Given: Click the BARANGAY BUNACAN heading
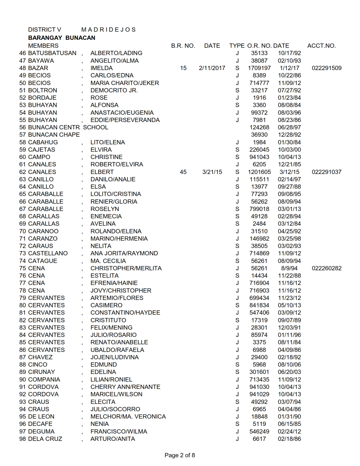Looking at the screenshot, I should point(62,38).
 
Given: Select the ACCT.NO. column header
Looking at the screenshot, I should point(321,46).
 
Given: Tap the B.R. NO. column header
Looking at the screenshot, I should point(183,46).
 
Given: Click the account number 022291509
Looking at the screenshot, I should point(326,68).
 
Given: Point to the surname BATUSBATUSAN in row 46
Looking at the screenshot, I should point(52,53).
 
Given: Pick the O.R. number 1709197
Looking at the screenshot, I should point(259,68).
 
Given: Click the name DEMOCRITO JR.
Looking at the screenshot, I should point(114,90).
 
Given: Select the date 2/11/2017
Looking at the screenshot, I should point(212,68).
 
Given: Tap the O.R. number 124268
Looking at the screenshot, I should point(259,127).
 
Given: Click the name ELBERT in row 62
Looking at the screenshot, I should point(102,172).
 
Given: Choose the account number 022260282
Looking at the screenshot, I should point(326,268).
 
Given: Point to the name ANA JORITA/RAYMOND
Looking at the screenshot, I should point(124,253).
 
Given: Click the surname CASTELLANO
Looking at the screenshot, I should point(48,253).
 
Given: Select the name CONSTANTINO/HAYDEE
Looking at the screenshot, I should point(125,313).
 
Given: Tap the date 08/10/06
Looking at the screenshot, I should point(289,365).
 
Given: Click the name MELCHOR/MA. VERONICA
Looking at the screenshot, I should point(128,417).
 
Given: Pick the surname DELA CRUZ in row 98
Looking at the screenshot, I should point(45,439).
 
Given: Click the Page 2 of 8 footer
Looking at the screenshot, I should point(180,455).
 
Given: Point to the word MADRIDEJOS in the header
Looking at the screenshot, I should point(108,30).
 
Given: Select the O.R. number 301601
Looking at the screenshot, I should point(259,372).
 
